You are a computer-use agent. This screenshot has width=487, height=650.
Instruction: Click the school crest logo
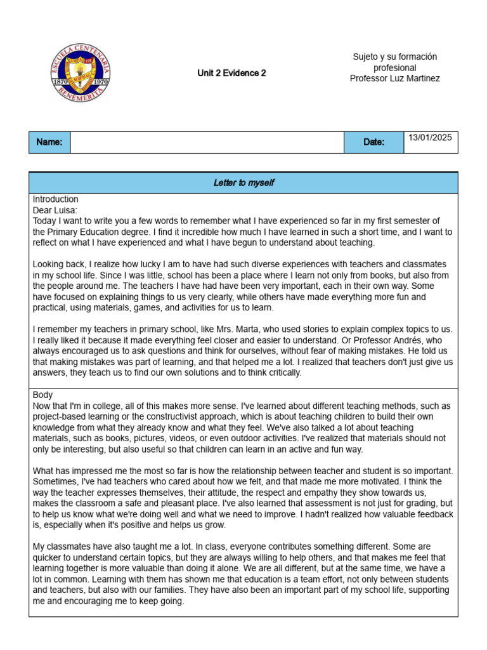point(81,74)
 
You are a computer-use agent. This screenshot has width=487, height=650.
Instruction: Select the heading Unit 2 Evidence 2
point(231,73)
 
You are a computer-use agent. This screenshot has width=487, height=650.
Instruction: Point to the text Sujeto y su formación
point(394,56)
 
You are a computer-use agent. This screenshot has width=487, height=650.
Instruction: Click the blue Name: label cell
point(49,142)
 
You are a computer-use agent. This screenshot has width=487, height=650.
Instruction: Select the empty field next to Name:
point(207,142)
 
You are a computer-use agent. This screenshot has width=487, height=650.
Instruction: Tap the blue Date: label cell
point(373,142)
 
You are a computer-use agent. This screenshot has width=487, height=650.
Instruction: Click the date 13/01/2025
point(431,138)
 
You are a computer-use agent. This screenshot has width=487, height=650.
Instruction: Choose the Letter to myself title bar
point(243,183)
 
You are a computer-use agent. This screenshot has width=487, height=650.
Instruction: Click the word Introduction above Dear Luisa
point(56,199)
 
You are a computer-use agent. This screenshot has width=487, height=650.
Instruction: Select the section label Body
point(43,395)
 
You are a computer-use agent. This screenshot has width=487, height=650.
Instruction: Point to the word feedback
point(430,515)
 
